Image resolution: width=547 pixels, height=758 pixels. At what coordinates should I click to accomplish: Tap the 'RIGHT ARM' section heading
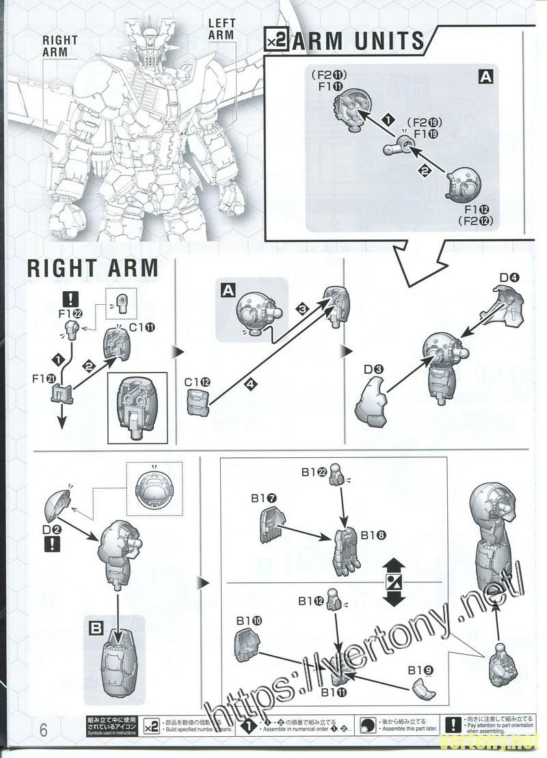(x=93, y=268)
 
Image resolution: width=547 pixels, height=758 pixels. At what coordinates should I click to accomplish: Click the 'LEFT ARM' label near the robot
(x=221, y=29)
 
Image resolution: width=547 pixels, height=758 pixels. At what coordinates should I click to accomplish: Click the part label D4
(x=509, y=278)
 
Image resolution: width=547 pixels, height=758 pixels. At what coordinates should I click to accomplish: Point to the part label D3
(x=373, y=370)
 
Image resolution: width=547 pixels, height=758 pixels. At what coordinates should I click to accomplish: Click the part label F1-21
(x=43, y=378)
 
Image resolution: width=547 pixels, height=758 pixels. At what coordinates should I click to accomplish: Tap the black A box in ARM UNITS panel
(x=485, y=77)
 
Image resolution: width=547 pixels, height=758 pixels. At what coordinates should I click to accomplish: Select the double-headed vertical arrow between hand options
(x=392, y=581)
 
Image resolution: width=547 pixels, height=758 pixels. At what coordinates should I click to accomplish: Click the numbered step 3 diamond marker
(x=302, y=308)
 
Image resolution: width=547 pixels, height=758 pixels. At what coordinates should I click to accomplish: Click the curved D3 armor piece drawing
(x=370, y=405)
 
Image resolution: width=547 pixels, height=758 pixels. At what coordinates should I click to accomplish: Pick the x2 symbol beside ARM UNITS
(x=276, y=42)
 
